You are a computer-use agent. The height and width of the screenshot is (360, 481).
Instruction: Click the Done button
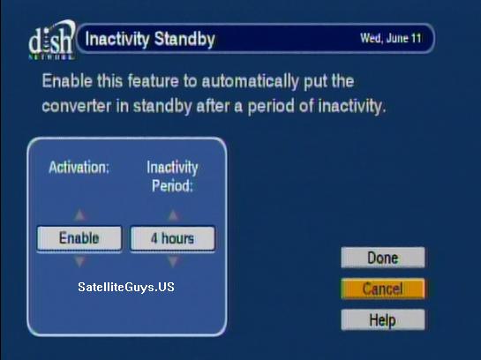[x=383, y=258]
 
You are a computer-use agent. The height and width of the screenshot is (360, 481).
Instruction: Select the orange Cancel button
[x=383, y=289]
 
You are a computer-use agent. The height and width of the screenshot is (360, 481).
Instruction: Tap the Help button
[x=383, y=319]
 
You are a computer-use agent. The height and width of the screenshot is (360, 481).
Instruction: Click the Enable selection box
[x=79, y=238]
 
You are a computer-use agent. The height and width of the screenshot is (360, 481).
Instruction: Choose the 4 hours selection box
[x=173, y=238]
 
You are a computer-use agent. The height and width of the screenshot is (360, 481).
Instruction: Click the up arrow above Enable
[x=79, y=215]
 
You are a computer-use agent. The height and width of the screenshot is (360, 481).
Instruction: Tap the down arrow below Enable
[x=79, y=261]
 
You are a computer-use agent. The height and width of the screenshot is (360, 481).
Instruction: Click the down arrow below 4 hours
[x=173, y=261]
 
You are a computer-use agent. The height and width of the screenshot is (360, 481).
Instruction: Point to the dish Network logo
[x=51, y=40]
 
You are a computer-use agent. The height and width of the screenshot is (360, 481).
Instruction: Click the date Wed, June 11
[x=390, y=38]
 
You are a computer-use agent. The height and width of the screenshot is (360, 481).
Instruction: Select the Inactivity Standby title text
[x=150, y=39]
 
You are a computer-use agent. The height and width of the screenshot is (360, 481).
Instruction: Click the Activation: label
[x=79, y=168]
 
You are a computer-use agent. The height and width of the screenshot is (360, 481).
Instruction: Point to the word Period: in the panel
[x=172, y=186]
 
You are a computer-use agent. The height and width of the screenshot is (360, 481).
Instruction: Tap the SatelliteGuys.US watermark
[x=126, y=287]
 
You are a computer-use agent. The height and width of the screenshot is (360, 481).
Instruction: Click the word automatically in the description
[x=250, y=81]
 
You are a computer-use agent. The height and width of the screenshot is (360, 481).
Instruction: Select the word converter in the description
[x=77, y=106]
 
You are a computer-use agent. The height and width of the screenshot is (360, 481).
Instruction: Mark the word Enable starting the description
[x=67, y=81]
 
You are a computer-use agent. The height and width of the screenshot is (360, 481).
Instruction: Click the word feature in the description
[x=153, y=81]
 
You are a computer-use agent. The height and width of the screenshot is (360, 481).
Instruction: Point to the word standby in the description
[x=162, y=107]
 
